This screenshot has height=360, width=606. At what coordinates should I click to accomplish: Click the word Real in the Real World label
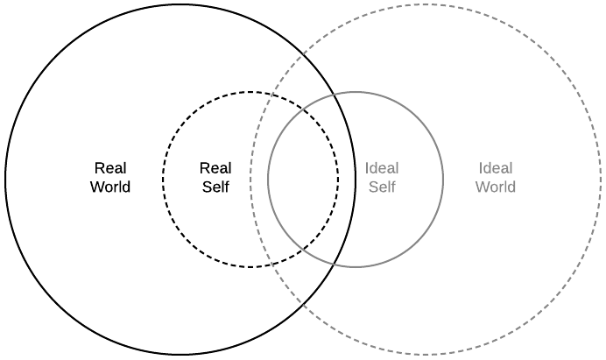tap(110, 168)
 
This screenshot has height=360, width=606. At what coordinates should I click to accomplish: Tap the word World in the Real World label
tap(110, 187)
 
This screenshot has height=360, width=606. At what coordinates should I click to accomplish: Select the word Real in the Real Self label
tap(215, 168)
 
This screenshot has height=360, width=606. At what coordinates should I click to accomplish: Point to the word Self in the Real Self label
tap(215, 187)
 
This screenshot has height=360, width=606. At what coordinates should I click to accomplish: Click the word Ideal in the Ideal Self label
tap(382, 168)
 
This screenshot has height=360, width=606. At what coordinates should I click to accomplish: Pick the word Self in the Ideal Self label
tap(382, 187)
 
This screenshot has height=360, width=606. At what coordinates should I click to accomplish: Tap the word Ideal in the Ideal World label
tap(496, 168)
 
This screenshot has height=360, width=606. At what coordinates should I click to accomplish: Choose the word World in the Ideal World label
tap(496, 187)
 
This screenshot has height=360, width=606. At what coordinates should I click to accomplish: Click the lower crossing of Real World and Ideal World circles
tap(303, 304)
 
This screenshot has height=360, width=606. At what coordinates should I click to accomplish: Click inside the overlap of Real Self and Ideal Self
tap(303, 180)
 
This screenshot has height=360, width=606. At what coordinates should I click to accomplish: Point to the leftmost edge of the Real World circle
tap(5, 180)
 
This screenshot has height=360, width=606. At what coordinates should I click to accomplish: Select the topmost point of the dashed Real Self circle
tap(250, 92)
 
